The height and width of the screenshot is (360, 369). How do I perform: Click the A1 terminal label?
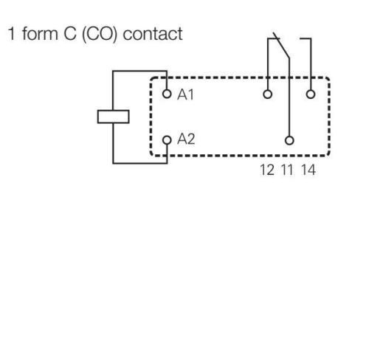[x=185, y=94]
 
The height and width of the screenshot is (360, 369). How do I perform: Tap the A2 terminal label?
[x=186, y=139]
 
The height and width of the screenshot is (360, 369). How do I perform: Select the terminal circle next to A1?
[x=167, y=94]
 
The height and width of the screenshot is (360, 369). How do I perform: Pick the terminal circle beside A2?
[x=167, y=140]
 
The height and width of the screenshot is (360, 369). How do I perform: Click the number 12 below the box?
[x=267, y=170]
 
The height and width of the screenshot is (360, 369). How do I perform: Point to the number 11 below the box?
[x=287, y=170]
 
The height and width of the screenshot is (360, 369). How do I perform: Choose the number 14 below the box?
[x=308, y=170]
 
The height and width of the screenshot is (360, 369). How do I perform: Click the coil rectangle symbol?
[x=114, y=117]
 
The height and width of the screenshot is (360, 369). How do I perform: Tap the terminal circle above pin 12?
[x=268, y=94]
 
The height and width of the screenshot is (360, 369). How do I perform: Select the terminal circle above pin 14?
[x=311, y=94]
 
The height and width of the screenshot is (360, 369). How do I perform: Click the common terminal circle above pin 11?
[x=289, y=140]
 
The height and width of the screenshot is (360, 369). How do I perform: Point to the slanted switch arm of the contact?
[x=281, y=46]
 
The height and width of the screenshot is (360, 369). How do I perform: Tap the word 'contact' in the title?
[x=153, y=34]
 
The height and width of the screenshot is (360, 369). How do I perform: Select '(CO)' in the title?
[x=100, y=34]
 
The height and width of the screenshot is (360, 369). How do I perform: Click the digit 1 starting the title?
[x=12, y=34]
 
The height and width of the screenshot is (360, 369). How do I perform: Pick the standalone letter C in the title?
[x=70, y=34]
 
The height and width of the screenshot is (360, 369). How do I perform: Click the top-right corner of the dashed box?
[x=329, y=78]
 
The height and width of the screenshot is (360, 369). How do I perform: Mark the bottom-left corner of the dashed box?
[x=151, y=155]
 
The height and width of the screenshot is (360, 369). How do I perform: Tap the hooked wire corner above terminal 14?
[x=311, y=38]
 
